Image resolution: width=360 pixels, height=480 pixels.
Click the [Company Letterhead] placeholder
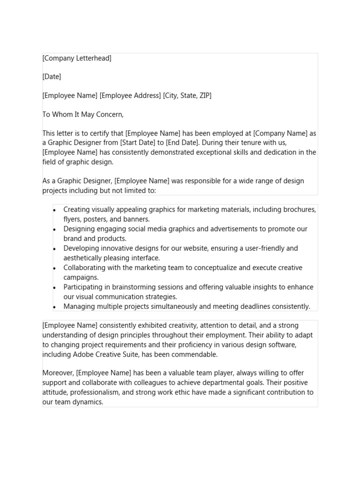tap(77, 58)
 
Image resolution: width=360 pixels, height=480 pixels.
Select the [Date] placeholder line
tap(52, 76)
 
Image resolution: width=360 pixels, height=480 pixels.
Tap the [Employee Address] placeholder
tap(130, 96)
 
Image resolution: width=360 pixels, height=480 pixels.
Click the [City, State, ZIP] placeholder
tap(187, 96)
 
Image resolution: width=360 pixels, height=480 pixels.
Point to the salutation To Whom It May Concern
tap(83, 114)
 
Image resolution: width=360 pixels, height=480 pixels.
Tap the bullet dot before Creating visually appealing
tap(55, 210)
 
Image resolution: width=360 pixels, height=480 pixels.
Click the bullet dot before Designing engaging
tap(55, 229)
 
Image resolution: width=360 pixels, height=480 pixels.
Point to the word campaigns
tap(81, 277)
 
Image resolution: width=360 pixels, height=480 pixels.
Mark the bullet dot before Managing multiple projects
tap(55, 307)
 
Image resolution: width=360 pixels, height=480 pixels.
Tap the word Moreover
tap(58, 373)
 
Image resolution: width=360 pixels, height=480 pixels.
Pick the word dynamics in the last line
tap(86, 402)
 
